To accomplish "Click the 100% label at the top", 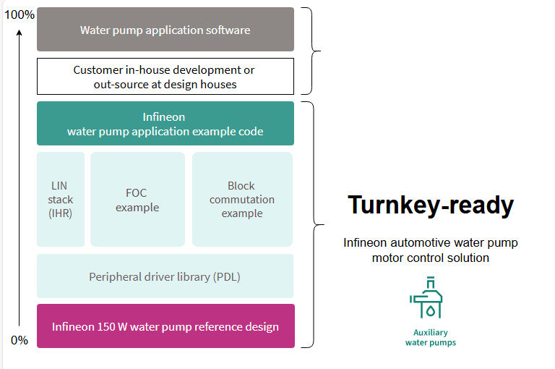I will [20, 14].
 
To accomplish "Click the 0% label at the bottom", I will [20, 340].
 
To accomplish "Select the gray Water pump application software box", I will [165, 30].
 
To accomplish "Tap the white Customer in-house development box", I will [165, 77].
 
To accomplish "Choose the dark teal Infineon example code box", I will [165, 124].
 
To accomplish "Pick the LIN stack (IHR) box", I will [61, 199].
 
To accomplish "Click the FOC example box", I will [137, 199].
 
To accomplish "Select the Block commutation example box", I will [242, 199].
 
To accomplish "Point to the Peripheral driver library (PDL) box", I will [165, 276].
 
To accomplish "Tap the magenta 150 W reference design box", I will [165, 326].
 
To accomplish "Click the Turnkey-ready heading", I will [430, 205].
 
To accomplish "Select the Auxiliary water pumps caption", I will [430, 337].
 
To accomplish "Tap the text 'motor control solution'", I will [430, 258].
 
